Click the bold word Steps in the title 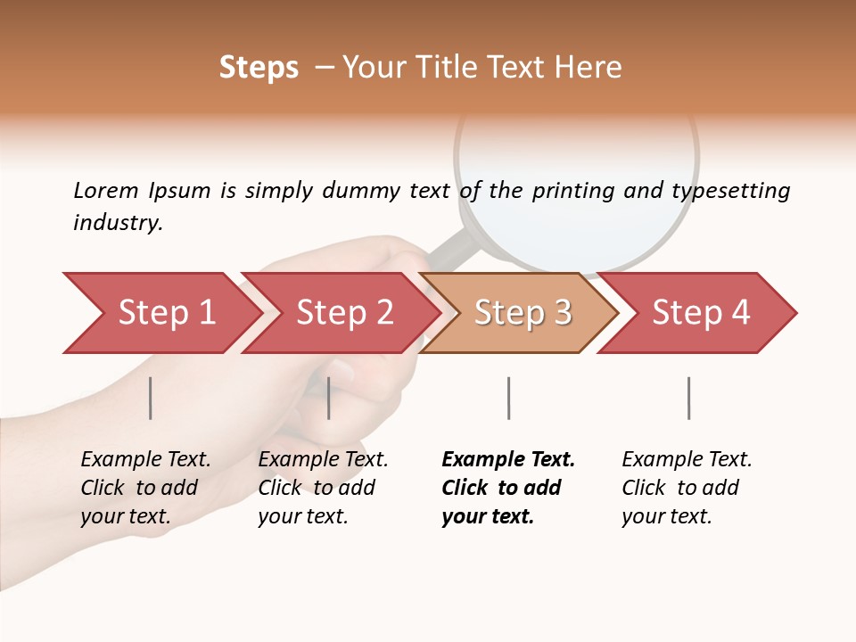(259, 68)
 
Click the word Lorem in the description (106, 190)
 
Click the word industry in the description (118, 222)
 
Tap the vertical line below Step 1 (151, 398)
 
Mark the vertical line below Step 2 (329, 398)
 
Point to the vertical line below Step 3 (508, 398)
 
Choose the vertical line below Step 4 (688, 398)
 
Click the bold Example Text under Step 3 (508, 459)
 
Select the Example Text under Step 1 (145, 459)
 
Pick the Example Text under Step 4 (687, 459)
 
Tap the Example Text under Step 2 (323, 459)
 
